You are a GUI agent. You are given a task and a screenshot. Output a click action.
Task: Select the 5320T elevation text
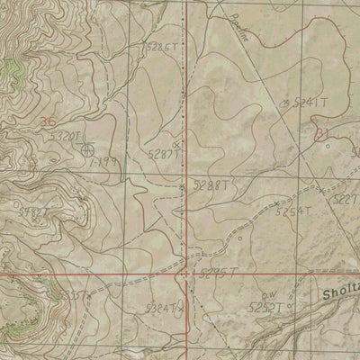[x=67, y=136]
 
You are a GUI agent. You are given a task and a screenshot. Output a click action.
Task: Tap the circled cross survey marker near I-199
[x=87, y=150]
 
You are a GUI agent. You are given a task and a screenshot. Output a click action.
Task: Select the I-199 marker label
[x=106, y=159]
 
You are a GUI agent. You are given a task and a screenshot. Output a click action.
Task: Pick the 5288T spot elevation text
[x=210, y=184]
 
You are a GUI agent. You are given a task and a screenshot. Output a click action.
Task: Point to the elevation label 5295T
[x=216, y=270]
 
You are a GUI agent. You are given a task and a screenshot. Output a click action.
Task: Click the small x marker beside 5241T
[x=285, y=103]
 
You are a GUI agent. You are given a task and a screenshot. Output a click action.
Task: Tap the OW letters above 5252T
[x=266, y=294]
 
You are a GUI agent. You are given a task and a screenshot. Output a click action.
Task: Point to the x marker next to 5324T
[x=180, y=309]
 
